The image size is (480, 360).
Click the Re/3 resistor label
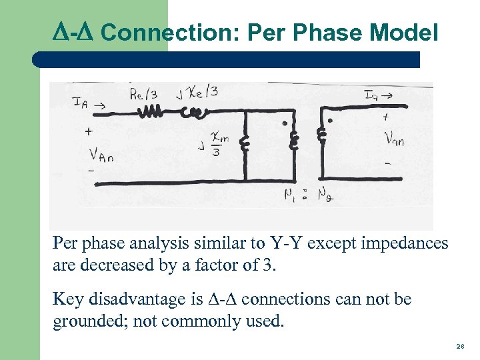[145, 93]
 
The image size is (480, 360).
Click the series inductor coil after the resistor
[199, 113]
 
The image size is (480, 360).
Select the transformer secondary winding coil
[323, 135]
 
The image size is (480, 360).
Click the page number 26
[460, 347]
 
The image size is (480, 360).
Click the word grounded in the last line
[85, 322]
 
